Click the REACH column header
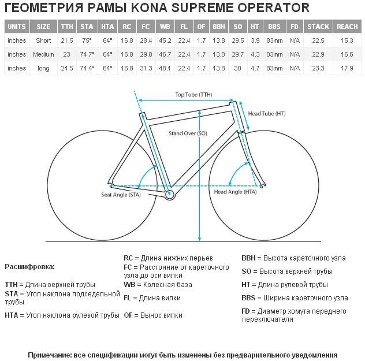(347, 27)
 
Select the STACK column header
(318, 27)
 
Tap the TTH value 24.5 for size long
(67, 68)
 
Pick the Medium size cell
(43, 54)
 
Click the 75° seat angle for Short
(87, 40)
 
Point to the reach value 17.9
(347, 68)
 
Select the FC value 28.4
(146, 40)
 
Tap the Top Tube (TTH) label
(194, 94)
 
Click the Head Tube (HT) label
(267, 114)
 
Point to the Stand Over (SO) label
(188, 133)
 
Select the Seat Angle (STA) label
(121, 195)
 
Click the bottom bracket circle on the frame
(169, 195)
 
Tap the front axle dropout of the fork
(263, 185)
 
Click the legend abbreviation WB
(129, 285)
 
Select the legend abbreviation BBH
(248, 258)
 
